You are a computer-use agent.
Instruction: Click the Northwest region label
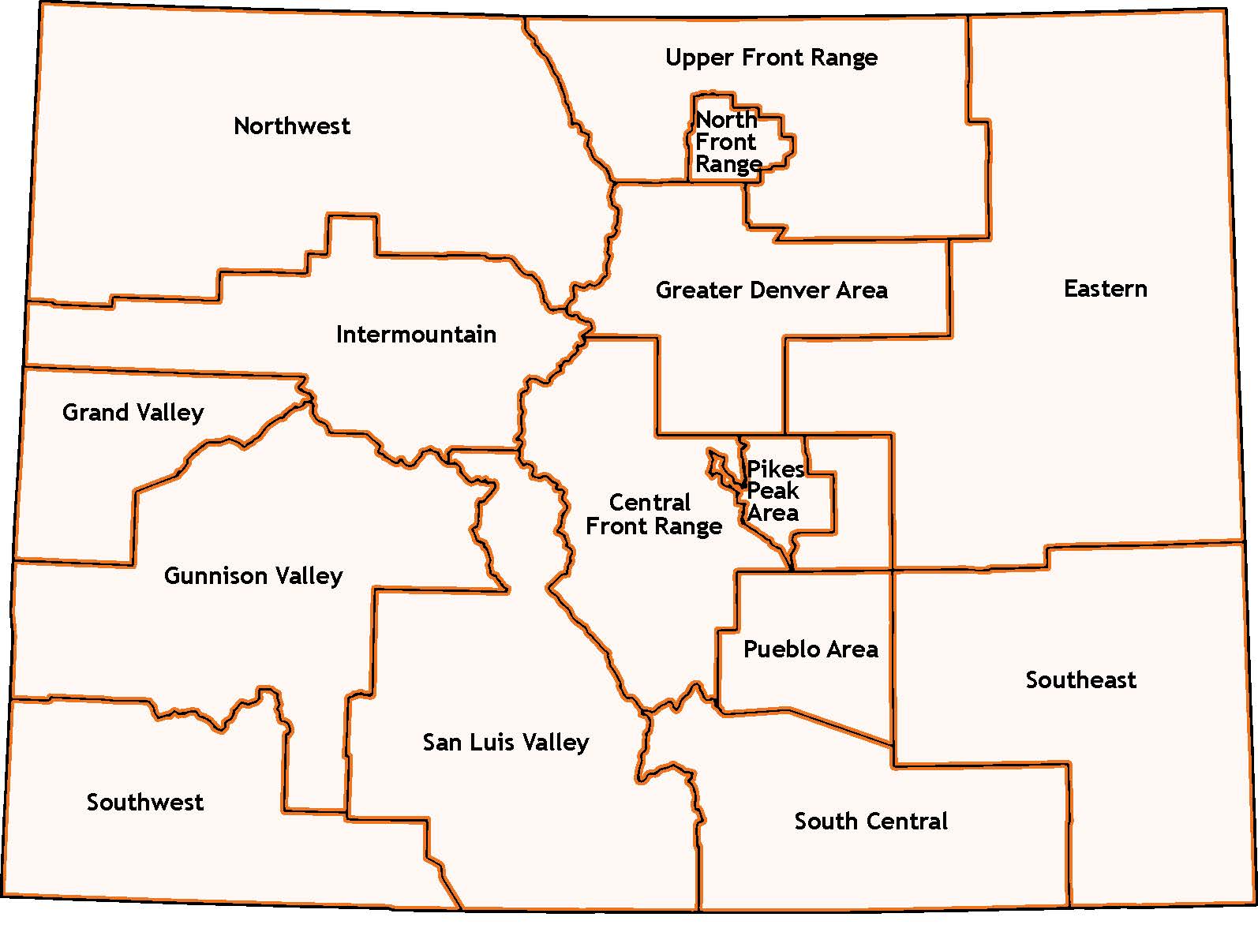point(292,126)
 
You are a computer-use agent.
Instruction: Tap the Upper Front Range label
point(771,58)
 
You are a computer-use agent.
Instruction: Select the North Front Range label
point(728,143)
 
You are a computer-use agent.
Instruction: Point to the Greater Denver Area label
point(771,290)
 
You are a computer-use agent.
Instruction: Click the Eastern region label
point(1105,289)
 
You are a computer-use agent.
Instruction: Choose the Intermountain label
point(416,335)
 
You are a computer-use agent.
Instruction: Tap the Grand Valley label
point(133,413)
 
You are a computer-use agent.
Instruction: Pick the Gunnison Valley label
point(253,576)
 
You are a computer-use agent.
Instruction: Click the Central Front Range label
point(653,515)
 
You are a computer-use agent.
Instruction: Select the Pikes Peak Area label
point(774,491)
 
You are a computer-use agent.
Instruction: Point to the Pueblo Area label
point(811,649)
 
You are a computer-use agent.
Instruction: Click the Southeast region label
point(1080,680)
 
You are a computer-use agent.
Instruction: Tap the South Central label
point(870,822)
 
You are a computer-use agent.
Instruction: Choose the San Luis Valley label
point(506,743)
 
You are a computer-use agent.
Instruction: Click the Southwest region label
point(145,803)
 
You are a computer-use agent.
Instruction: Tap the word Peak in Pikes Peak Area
point(773,492)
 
